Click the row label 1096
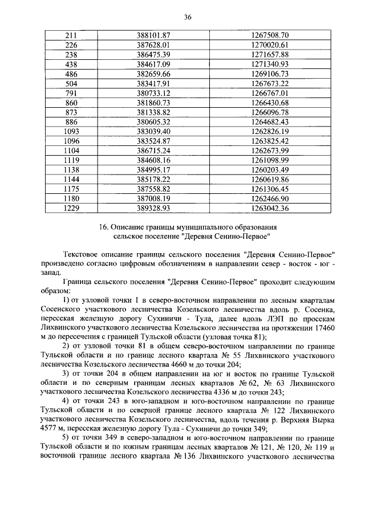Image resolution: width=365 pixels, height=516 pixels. pos(71,141)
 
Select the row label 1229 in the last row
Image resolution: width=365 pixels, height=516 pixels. pos(71,208)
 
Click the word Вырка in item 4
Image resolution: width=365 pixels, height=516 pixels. pos(323,421)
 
